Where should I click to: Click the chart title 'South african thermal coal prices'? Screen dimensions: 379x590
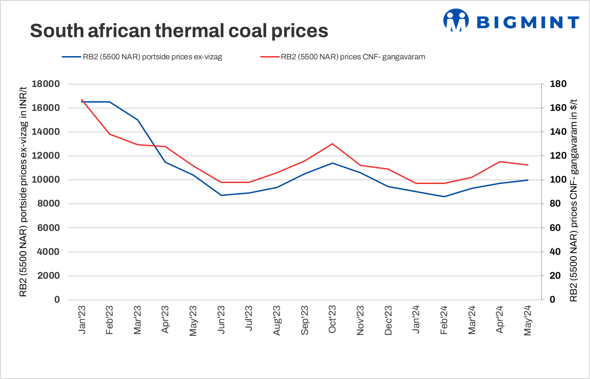pyautogui.click(x=179, y=31)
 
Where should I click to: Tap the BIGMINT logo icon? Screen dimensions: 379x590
pyautogui.click(x=455, y=21)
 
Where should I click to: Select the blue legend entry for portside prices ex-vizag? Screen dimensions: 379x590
pyautogui.click(x=142, y=57)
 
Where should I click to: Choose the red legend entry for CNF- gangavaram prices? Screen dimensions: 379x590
pyautogui.click(x=342, y=57)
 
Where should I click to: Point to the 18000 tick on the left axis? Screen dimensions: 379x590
pyautogui.click(x=45, y=84)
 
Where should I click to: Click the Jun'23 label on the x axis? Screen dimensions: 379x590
pyautogui.click(x=221, y=320)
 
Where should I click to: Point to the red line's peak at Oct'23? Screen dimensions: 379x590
pyautogui.click(x=332, y=144)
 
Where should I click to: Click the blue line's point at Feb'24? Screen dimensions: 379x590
pyautogui.click(x=444, y=196)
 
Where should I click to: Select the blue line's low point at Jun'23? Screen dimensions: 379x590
pyautogui.click(x=221, y=195)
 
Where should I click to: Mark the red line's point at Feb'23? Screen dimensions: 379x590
pyautogui.click(x=109, y=134)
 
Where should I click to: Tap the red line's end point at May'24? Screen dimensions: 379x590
pyautogui.click(x=528, y=165)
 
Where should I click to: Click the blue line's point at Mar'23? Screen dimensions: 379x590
pyautogui.click(x=137, y=120)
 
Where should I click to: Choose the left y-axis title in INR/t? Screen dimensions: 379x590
pyautogui.click(x=23, y=192)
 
